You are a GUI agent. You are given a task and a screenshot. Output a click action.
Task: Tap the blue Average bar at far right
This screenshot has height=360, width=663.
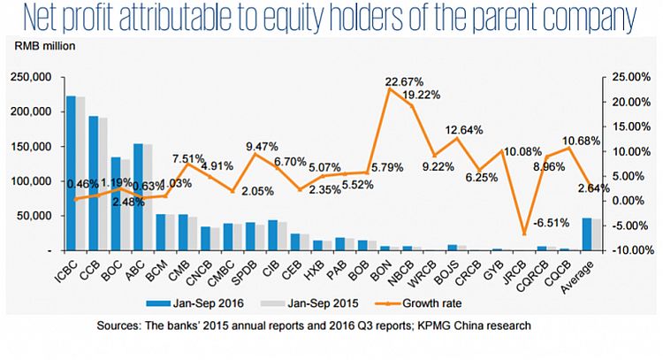coord(586,234)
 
